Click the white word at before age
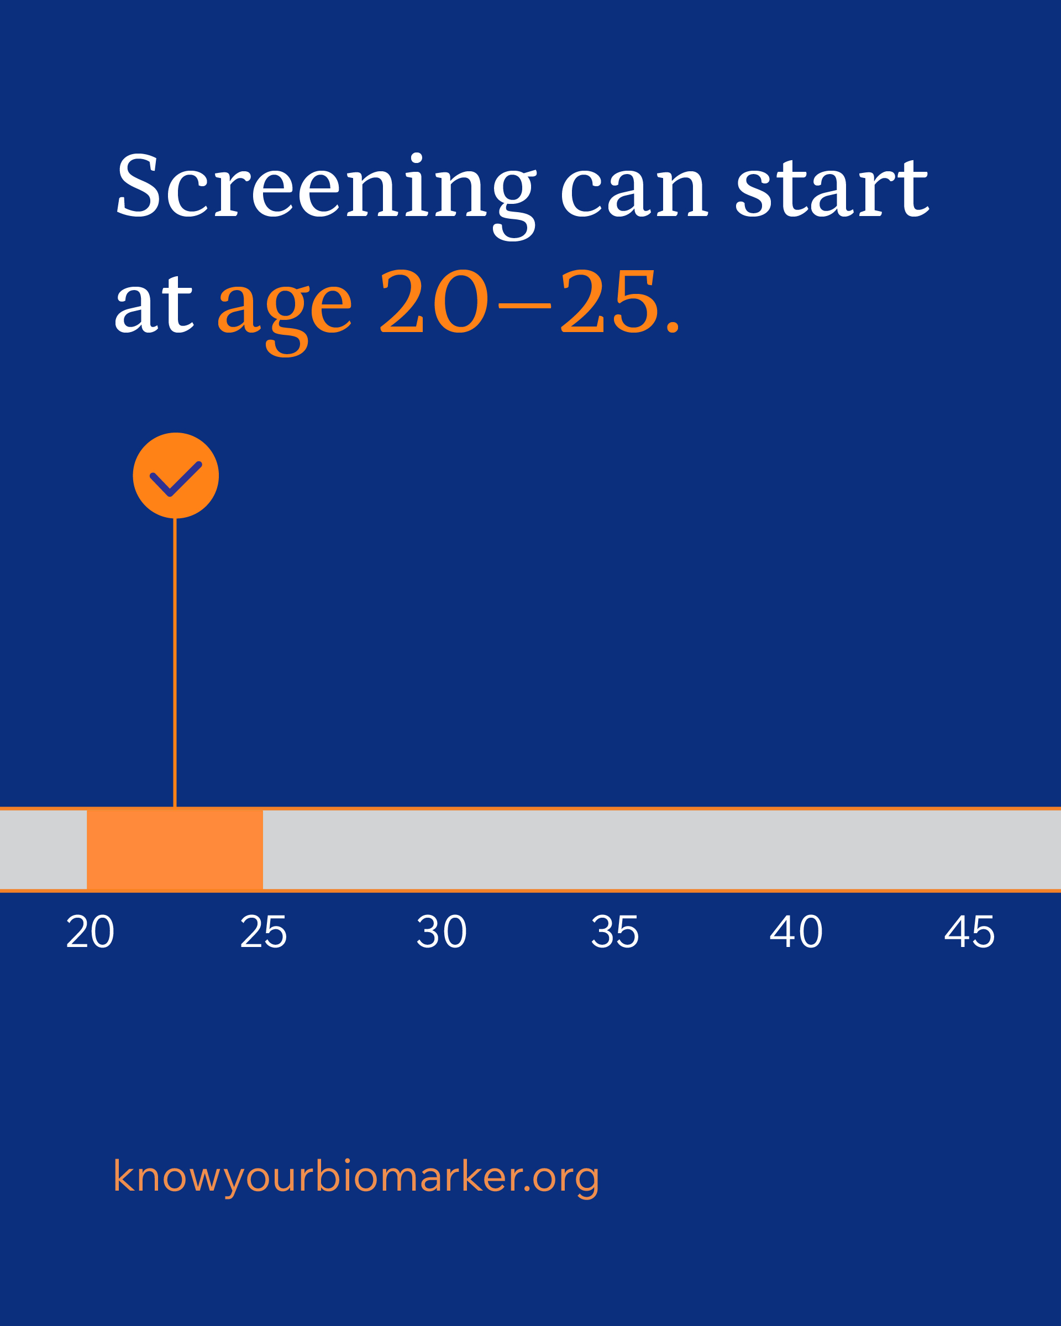pos(154,303)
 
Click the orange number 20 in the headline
pos(434,301)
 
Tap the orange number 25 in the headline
pos(610,301)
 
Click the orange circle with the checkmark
pos(176,475)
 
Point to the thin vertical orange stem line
pos(175,663)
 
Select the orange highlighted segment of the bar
pos(175,849)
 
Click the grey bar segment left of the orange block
pos(43,849)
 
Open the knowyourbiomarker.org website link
pos(356,1177)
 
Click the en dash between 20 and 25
pos(524,304)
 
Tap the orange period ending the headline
pos(673,327)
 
